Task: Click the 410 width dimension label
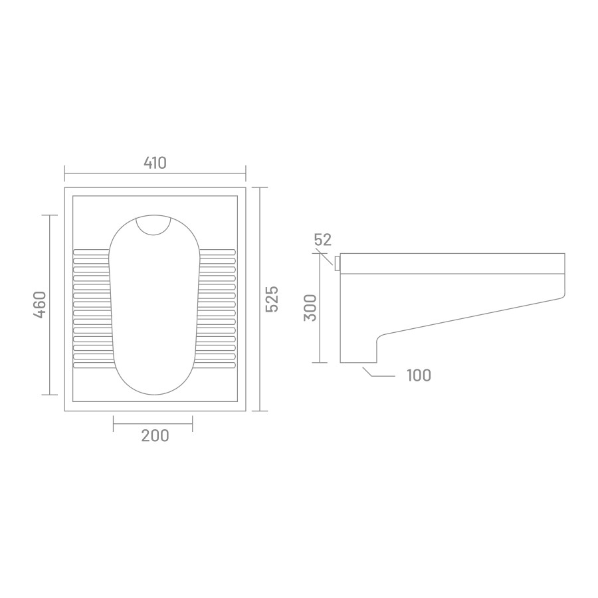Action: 155,163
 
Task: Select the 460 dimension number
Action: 40,305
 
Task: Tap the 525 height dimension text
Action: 272,299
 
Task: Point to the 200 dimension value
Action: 155,435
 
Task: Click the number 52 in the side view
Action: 323,239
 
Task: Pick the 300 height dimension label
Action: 310,308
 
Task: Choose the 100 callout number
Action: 419,375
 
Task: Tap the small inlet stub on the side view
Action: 337,264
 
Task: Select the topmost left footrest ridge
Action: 91,252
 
